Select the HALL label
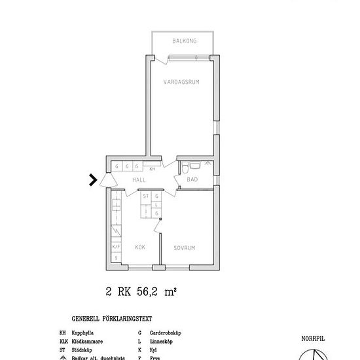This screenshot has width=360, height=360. pyautogui.click(x=139, y=179)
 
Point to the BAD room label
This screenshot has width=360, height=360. pyautogui.click(x=192, y=179)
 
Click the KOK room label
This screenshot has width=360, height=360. pyautogui.click(x=139, y=247)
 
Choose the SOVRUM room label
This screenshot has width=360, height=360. pyautogui.click(x=185, y=247)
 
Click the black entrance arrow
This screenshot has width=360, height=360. pyautogui.click(x=94, y=179)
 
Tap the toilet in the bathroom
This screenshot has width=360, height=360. pyautogui.click(x=187, y=165)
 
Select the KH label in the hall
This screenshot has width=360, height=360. pyautogui.click(x=153, y=169)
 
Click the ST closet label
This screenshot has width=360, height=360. pyautogui.click(x=147, y=196)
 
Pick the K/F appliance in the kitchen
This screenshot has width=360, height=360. pyautogui.click(x=116, y=247)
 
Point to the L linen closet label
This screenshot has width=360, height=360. pyautogui.click(x=157, y=204)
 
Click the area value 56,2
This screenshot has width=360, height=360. pyautogui.click(x=150, y=293)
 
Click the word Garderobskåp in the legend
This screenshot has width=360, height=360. pyautogui.click(x=164, y=333)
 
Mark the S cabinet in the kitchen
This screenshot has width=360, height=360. pyautogui.click(x=116, y=258)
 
